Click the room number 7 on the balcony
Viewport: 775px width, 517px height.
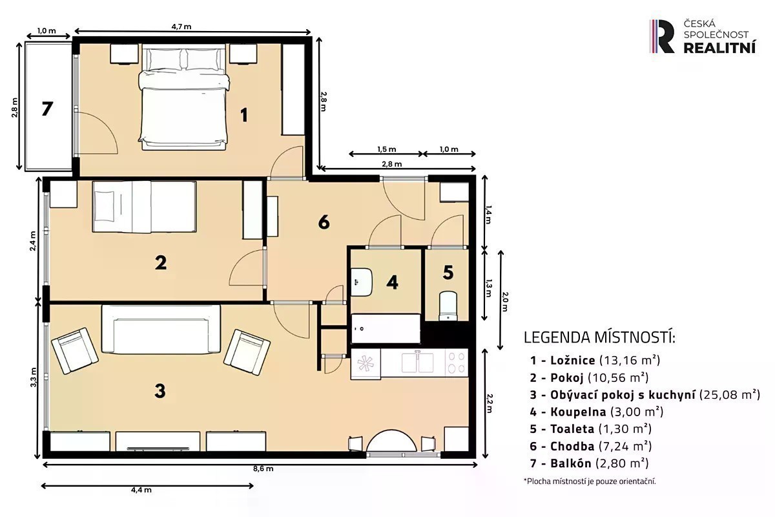pos(47,109)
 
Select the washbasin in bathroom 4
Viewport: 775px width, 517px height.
pos(362,282)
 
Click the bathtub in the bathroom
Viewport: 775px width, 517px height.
pos(386,328)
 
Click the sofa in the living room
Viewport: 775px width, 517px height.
pos(161,330)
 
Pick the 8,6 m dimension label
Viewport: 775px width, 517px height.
pos(263,469)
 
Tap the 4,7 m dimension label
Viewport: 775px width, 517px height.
pos(181,26)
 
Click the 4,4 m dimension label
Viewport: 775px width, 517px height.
pos(141,490)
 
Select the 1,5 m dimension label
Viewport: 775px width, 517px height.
pos(386,149)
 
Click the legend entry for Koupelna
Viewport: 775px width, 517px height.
pos(597,412)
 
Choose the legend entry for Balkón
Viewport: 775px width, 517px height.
pos(589,463)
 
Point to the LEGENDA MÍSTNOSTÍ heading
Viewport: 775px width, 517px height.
pos(599,337)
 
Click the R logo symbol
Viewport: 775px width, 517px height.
pos(662,36)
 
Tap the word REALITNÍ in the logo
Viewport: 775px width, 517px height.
pos(719,48)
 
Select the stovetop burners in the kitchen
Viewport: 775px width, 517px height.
pos(457,363)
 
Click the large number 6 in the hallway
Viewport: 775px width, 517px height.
pos(324,222)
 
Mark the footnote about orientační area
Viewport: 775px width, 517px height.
pos(590,481)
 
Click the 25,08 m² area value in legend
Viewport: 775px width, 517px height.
pos(730,394)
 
